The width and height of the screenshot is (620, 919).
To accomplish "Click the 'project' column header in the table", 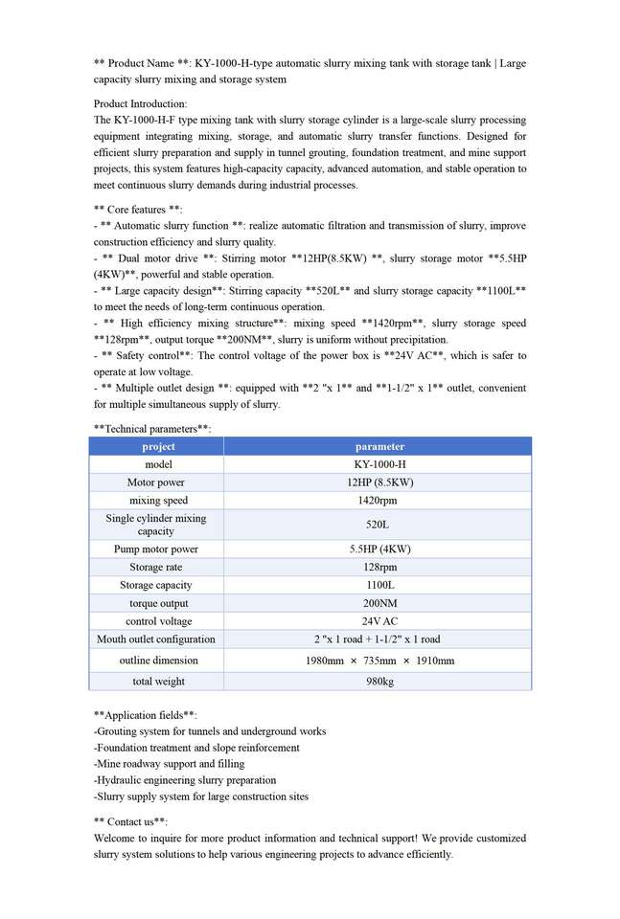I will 158,446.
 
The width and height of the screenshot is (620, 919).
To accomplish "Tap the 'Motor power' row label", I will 156,482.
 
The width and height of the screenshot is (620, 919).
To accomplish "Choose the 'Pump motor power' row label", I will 156,549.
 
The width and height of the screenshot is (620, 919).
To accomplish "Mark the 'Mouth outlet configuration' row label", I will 156,639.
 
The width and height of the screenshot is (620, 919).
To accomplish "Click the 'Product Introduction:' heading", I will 141,103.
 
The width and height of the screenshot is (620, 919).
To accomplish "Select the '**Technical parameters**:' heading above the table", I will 152,429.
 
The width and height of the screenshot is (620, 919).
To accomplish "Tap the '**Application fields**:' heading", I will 146,715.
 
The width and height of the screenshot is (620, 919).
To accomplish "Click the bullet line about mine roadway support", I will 169,764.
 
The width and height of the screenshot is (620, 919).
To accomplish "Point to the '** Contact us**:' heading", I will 130,821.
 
